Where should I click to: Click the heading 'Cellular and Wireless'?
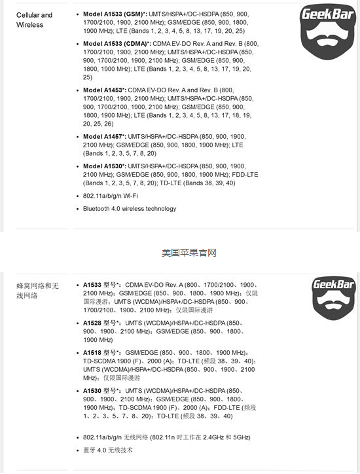coord(34,20)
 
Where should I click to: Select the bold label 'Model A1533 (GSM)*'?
coord(115,14)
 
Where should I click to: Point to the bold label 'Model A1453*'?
coord(104,90)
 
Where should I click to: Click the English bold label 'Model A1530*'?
coord(104,166)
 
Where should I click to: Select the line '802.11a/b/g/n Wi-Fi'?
coord(110,196)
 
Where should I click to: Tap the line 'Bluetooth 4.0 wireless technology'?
coord(129,209)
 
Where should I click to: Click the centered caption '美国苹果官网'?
coord(189,252)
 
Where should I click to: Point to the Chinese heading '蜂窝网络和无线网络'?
coord(37,291)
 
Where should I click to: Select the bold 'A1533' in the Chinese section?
coord(92,285)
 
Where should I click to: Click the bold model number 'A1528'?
coord(92,323)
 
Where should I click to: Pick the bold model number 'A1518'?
coord(92,352)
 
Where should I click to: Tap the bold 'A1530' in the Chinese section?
coord(92,390)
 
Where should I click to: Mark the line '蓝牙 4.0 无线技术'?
coord(107,450)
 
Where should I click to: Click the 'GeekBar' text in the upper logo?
coord(325,14)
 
